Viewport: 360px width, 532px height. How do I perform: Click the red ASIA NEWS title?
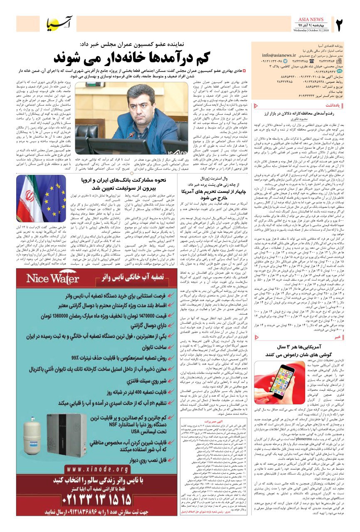(311, 20)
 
